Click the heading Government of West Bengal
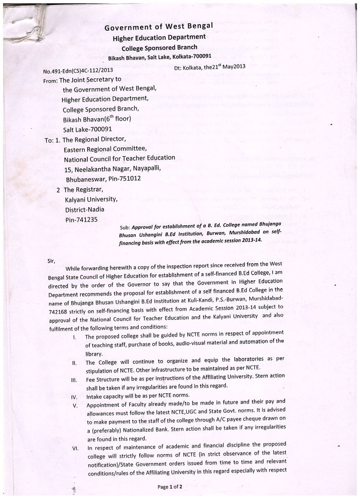pos(159,27)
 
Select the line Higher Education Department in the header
pos(159,38)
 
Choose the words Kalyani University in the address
pos(91,199)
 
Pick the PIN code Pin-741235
pos(81,219)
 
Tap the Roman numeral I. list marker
pos(75,337)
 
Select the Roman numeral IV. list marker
pos(74,397)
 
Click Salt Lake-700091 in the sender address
pos(87,129)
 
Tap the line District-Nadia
pos(86,209)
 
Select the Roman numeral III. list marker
pos(74,379)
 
